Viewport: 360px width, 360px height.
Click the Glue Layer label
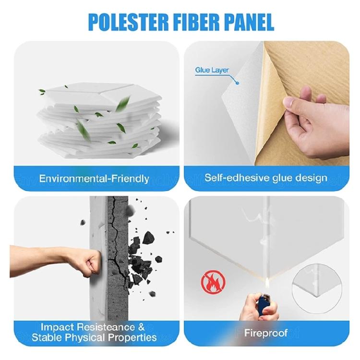(212, 70)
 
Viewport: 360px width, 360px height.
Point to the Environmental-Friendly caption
(94, 179)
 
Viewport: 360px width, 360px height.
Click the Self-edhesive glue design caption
(266, 178)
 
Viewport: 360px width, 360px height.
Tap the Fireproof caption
(266, 332)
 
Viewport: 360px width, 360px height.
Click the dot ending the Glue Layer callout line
(237, 82)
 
